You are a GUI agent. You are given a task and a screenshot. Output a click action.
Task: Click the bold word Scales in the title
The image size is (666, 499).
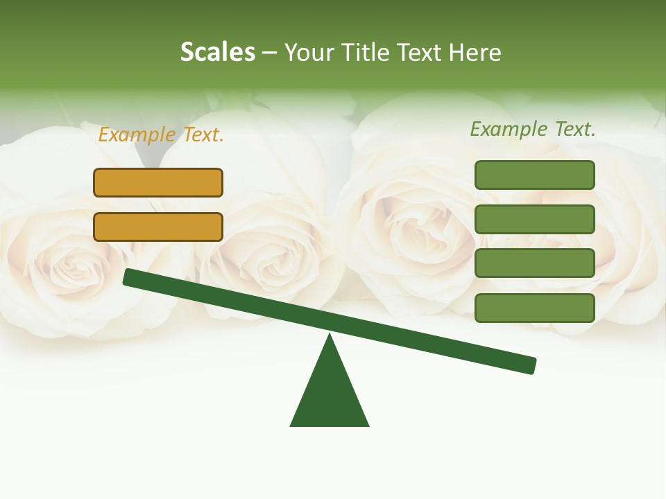(x=217, y=52)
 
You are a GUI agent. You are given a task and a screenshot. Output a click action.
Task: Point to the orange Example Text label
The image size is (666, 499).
(x=161, y=134)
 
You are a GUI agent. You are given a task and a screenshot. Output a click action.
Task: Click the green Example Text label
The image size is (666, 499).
(x=533, y=129)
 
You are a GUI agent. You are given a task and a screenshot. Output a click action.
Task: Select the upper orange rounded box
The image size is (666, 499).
(x=158, y=182)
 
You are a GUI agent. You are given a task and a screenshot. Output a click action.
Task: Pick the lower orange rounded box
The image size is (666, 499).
(x=158, y=227)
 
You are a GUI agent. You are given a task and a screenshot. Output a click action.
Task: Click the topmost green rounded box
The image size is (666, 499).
(x=534, y=175)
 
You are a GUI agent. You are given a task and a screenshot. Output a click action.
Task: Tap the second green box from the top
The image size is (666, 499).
(x=534, y=219)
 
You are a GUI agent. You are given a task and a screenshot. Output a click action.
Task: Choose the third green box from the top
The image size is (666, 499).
(x=534, y=263)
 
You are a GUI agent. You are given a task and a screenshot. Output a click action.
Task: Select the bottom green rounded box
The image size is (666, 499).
(x=534, y=308)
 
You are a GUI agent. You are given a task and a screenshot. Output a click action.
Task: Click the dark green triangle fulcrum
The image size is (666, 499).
(x=330, y=395)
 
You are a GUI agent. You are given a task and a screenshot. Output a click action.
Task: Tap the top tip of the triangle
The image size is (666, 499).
(x=330, y=336)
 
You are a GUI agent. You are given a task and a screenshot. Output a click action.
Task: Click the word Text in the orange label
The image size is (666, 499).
(x=203, y=134)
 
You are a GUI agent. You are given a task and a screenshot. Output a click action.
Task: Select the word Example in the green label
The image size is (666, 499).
(x=508, y=129)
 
